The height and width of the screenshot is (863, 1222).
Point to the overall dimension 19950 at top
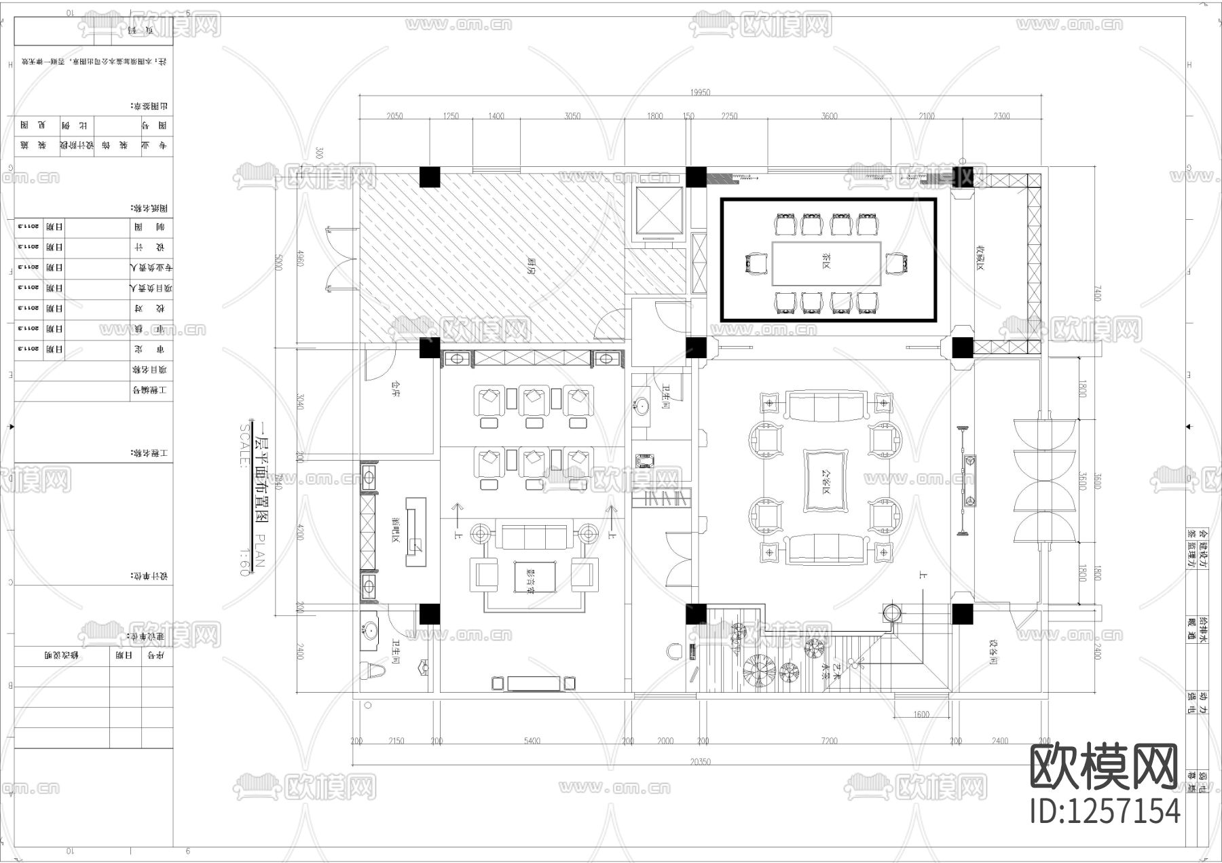click(x=700, y=92)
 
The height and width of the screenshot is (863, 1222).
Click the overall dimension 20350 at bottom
click(x=700, y=762)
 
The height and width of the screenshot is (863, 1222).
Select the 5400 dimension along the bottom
click(x=532, y=741)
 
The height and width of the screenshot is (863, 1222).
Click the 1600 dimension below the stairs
click(x=921, y=714)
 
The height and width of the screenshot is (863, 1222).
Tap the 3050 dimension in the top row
click(x=572, y=116)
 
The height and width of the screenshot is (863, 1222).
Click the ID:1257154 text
click(x=1105, y=811)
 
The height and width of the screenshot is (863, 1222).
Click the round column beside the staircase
click(x=892, y=613)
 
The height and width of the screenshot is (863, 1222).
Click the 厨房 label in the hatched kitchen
click(x=528, y=263)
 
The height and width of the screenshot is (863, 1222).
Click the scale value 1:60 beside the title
click(x=244, y=562)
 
